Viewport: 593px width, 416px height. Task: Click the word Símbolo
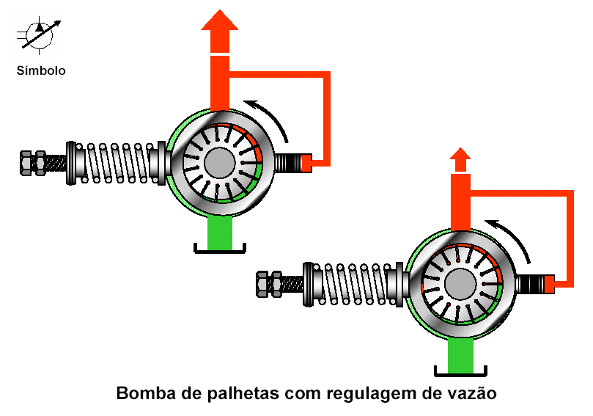(41, 70)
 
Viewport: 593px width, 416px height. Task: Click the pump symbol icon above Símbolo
(39, 34)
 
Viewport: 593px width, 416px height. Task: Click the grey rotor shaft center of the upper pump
(219, 163)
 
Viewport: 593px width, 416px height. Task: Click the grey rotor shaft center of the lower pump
(460, 285)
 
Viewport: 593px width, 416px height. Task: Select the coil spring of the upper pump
(117, 163)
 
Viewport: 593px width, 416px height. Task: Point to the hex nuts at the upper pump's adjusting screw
(33, 163)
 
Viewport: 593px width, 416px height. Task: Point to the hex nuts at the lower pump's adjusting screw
(269, 284)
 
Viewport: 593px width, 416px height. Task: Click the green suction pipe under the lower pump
(460, 356)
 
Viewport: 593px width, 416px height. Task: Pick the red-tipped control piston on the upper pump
(293, 163)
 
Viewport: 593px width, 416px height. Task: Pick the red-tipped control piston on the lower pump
(536, 284)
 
